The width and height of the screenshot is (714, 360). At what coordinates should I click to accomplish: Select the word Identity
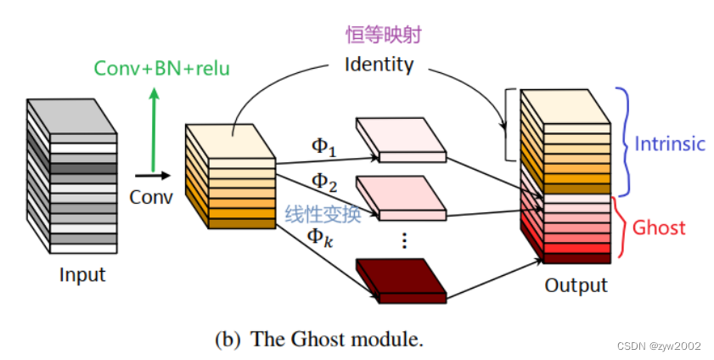[379, 64]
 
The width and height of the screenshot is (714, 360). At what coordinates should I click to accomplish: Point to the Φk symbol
[322, 239]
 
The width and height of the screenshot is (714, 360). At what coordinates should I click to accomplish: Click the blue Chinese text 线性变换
[323, 214]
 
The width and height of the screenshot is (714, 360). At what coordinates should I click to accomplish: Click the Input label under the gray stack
[82, 275]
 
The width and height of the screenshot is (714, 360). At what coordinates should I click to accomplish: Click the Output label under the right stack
[576, 284]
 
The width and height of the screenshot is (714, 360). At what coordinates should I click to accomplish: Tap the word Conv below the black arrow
[151, 197]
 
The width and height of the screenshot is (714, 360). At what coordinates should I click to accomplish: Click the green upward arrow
[154, 127]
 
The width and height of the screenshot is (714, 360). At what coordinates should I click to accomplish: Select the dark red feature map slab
[402, 280]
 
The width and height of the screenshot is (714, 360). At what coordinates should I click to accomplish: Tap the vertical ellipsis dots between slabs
[404, 240]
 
